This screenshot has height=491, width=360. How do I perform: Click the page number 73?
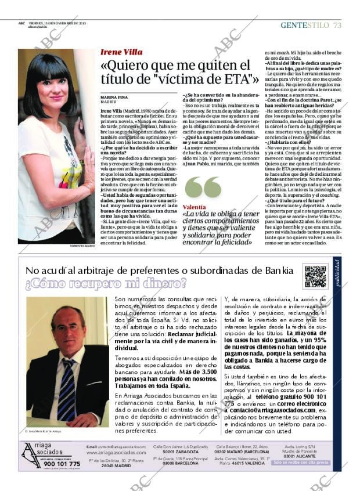(337, 25)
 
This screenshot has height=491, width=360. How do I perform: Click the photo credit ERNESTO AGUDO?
(83, 246)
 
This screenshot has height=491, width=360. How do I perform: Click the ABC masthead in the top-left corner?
(21, 24)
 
